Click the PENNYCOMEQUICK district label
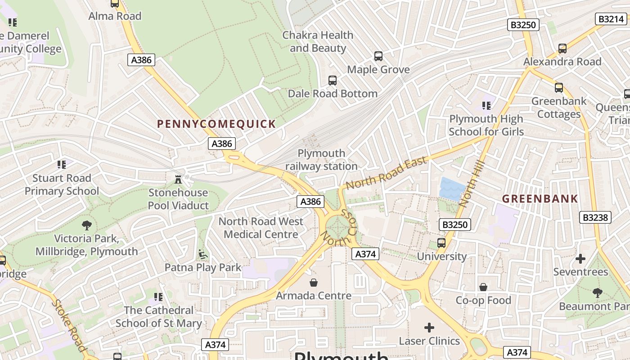[x=216, y=124]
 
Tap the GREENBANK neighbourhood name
[x=540, y=198]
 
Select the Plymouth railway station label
[x=321, y=160]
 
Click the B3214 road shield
[x=611, y=19]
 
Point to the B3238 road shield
[x=595, y=217]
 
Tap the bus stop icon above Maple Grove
[x=378, y=56]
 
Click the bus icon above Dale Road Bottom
[x=333, y=81]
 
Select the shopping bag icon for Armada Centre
[x=314, y=283]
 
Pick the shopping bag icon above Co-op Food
[x=483, y=287]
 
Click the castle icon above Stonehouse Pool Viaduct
[x=179, y=180]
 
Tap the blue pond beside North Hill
[x=451, y=189]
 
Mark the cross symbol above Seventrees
[x=580, y=259]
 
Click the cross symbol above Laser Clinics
[x=429, y=328]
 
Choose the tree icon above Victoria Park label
[x=86, y=225]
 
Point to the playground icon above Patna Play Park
[x=203, y=254]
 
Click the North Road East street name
[x=386, y=173]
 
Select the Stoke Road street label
[x=69, y=325]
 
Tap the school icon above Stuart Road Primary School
[x=62, y=165]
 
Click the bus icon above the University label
[x=441, y=243]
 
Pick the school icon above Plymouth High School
[x=486, y=106]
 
